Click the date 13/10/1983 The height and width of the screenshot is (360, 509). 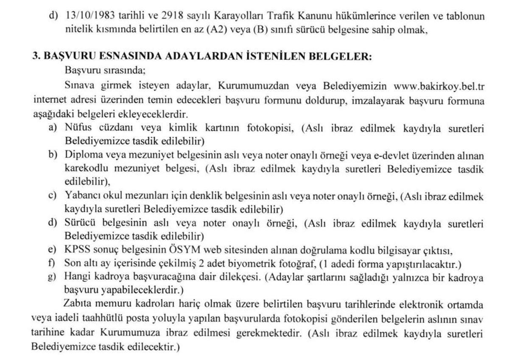(x=88, y=16)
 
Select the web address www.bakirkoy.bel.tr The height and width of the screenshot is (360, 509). (x=439, y=87)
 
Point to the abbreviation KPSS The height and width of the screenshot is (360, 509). (x=76, y=250)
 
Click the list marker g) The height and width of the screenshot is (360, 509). (x=52, y=277)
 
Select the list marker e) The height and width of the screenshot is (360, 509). (x=52, y=250)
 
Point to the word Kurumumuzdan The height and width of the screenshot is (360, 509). (x=246, y=87)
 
